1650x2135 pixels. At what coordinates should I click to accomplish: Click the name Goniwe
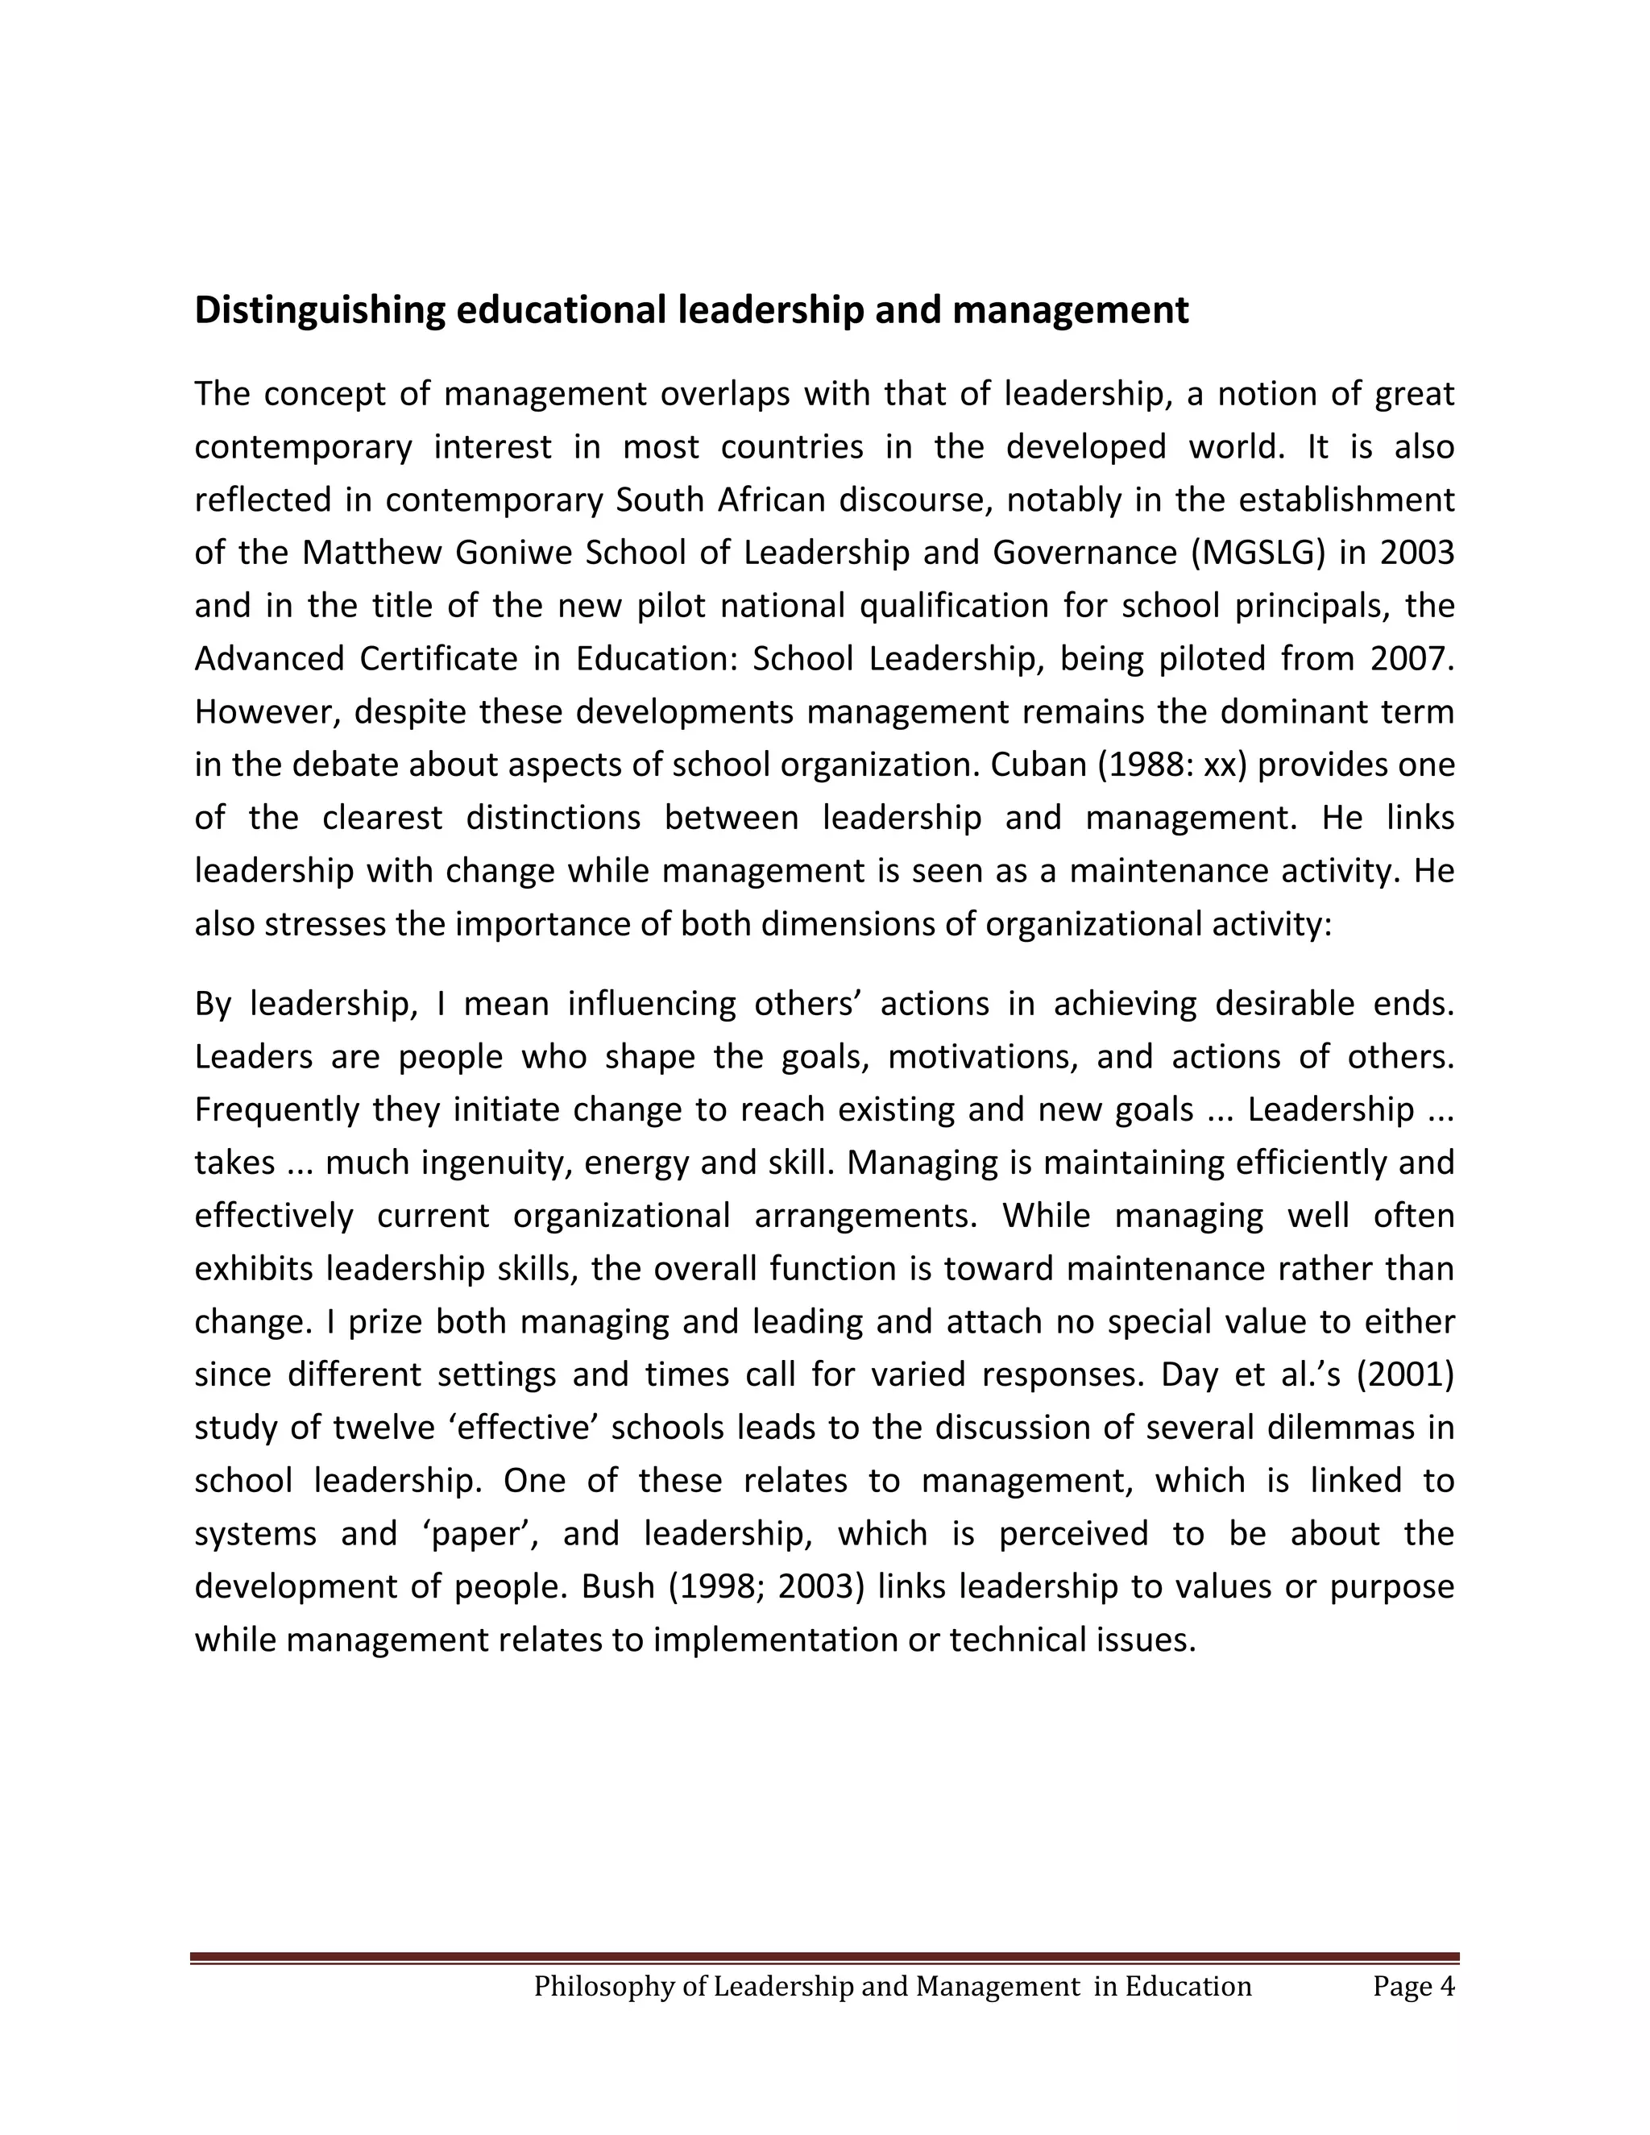tap(513, 553)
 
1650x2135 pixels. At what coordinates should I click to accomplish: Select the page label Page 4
tap(1412, 1987)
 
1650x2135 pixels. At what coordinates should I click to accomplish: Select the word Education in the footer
tap(1188, 1987)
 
